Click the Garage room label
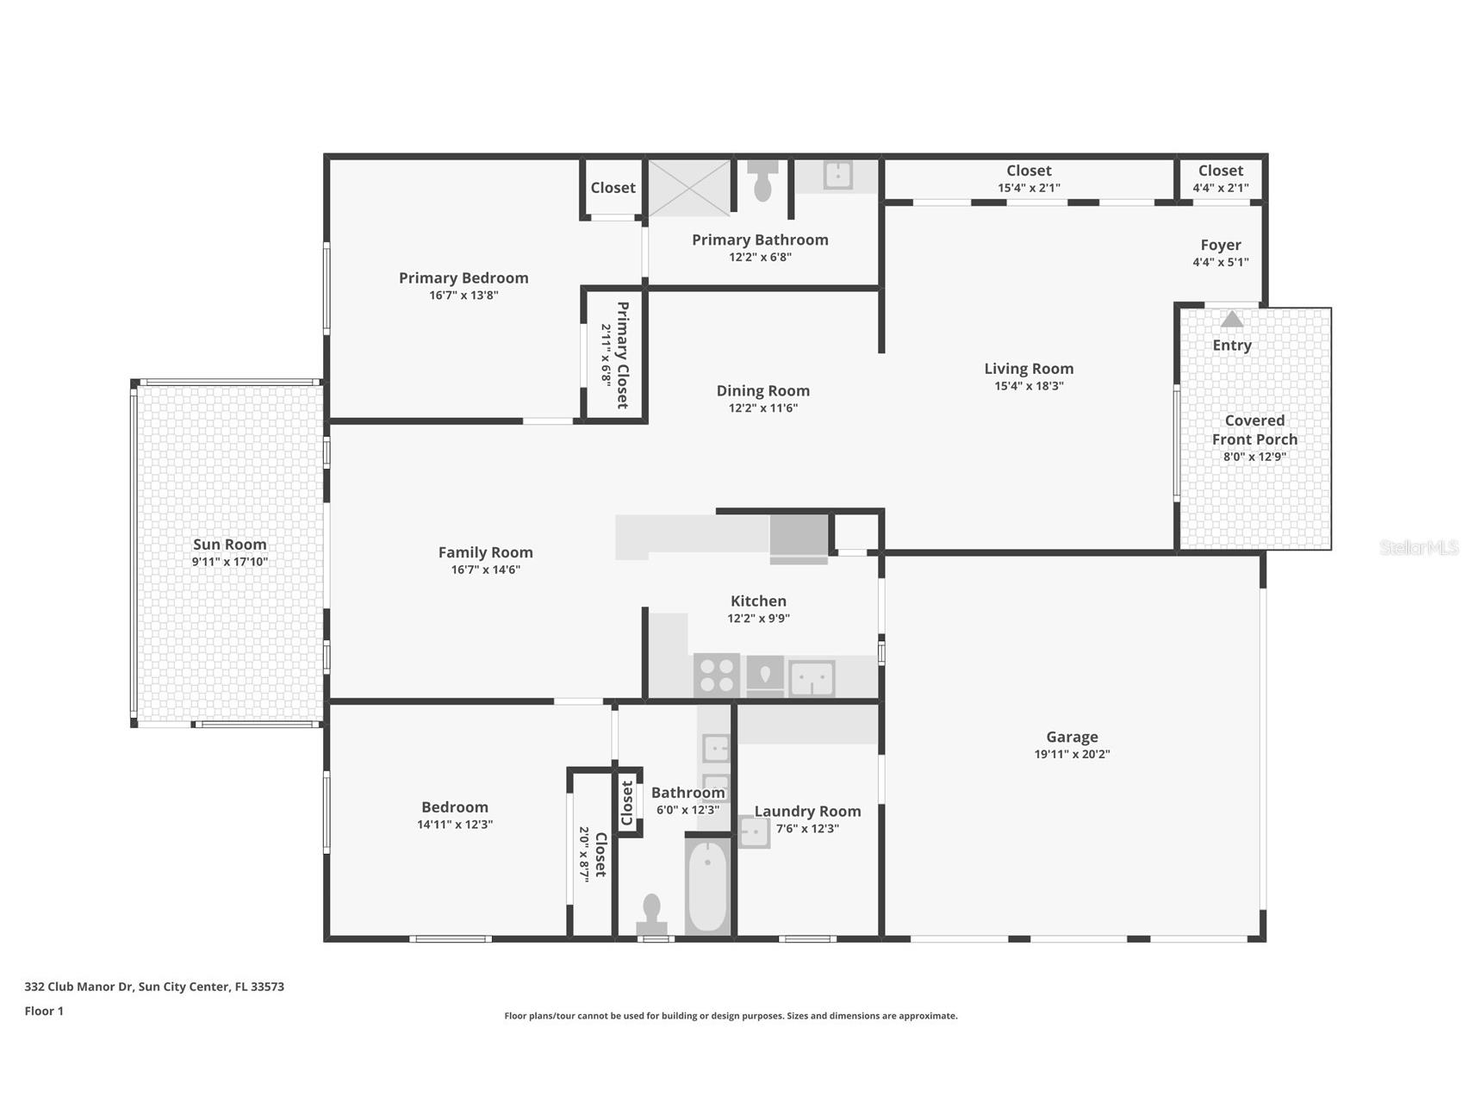pyautogui.click(x=1072, y=737)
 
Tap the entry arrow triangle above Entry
pyautogui.click(x=1232, y=320)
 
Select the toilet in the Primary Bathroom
pyautogui.click(x=762, y=182)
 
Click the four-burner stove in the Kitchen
pyautogui.click(x=717, y=676)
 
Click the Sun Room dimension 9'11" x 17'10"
pyautogui.click(x=230, y=562)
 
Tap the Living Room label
pyautogui.click(x=1029, y=369)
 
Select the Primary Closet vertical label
pyautogui.click(x=621, y=354)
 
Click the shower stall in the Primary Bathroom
pyautogui.click(x=689, y=187)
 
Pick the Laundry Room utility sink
pyautogui.click(x=754, y=832)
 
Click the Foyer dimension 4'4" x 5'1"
pyautogui.click(x=1220, y=262)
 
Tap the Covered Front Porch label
pyautogui.click(x=1254, y=430)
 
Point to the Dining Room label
pyautogui.click(x=762, y=391)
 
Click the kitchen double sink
pyautogui.click(x=812, y=678)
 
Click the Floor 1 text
pyautogui.click(x=44, y=1011)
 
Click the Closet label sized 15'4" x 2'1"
pyautogui.click(x=1029, y=171)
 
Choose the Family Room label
pyautogui.click(x=485, y=552)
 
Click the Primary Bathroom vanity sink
pyautogui.click(x=837, y=175)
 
